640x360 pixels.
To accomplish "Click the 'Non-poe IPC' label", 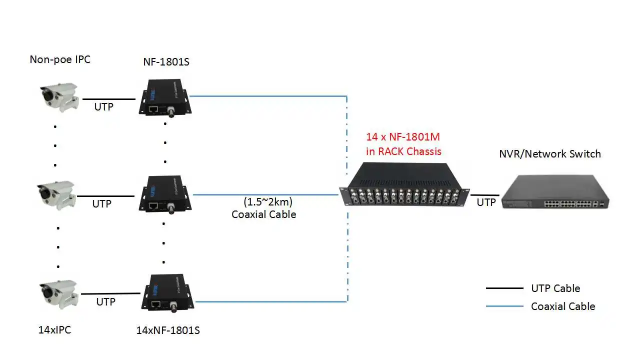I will (60, 59).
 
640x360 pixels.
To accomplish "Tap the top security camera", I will (59, 98).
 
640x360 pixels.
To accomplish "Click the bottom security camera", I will (59, 293).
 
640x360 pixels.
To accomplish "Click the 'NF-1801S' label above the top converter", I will (166, 62).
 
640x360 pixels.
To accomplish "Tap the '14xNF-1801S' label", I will (168, 330).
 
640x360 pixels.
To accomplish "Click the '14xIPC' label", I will (54, 330).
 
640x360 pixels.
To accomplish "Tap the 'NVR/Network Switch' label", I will (550, 154).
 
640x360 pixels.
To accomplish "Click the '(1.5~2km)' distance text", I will (268, 202).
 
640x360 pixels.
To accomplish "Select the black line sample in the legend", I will (504, 288).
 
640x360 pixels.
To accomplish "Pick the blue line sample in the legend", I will (504, 306).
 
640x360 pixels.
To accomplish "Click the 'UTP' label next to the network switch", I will (486, 202).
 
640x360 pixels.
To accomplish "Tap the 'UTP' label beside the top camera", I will (104, 106).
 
